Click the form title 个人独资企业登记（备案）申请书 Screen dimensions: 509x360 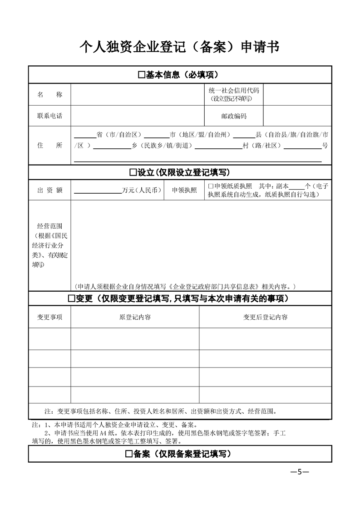click(x=179, y=47)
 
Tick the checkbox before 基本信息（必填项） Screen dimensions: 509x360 click(x=141, y=75)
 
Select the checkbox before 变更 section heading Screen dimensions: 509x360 click(x=71, y=299)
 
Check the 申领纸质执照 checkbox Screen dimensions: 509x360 click(x=210, y=186)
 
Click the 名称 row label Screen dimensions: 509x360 click(x=49, y=94)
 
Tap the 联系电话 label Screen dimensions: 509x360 click(x=49, y=116)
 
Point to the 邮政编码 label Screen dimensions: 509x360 click(x=234, y=116)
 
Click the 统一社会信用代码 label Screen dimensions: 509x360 click(x=234, y=91)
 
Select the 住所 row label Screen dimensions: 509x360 click(x=49, y=145)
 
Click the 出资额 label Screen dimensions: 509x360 click(x=49, y=191)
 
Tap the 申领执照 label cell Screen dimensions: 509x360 click(x=184, y=191)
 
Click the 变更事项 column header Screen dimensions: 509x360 click(x=49, y=317)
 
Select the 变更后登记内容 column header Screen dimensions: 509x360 click(x=265, y=317)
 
